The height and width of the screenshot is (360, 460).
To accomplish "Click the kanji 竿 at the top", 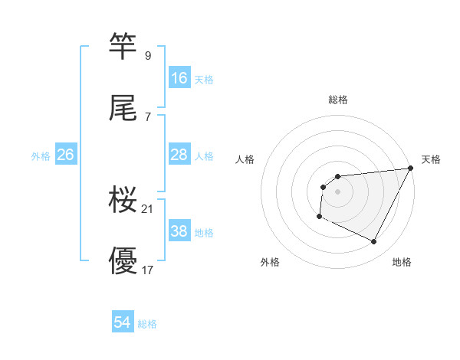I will [123, 47].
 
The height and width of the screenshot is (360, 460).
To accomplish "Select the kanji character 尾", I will [123, 109].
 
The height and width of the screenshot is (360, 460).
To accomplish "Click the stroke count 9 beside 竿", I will [148, 55].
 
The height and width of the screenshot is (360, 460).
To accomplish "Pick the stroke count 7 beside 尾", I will [148, 117].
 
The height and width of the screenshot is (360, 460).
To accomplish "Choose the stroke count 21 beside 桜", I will [148, 209].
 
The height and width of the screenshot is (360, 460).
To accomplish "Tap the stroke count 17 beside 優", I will [148, 270].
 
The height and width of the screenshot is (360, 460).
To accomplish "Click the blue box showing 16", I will [179, 78].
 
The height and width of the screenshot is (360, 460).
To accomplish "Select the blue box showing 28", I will [179, 155].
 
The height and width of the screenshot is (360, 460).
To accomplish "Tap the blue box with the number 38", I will [179, 231].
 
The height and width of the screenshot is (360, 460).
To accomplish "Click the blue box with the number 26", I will [65, 155].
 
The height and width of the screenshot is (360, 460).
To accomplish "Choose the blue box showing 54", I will [123, 323].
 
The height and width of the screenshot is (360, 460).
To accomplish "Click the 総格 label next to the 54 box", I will [147, 324].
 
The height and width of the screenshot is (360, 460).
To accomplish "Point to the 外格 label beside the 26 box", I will [41, 155].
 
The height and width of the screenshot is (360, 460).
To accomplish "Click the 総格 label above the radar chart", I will [338, 100].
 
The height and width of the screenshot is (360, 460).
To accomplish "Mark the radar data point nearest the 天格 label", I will [411, 169].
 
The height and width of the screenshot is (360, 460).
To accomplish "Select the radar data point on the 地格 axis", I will [374, 242].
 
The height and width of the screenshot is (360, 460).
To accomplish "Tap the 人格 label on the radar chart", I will [245, 159].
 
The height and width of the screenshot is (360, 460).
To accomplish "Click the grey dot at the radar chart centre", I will [337, 191].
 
